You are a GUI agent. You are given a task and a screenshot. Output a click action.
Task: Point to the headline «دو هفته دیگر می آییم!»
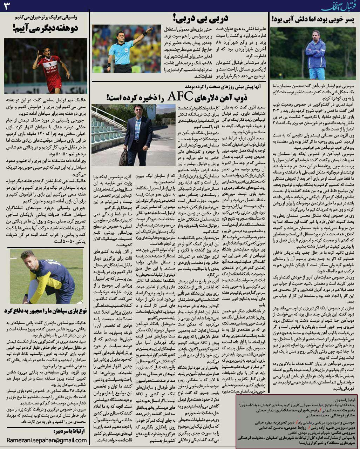tap(46, 28)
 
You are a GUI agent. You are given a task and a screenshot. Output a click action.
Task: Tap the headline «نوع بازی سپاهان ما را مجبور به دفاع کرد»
tap(46, 310)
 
